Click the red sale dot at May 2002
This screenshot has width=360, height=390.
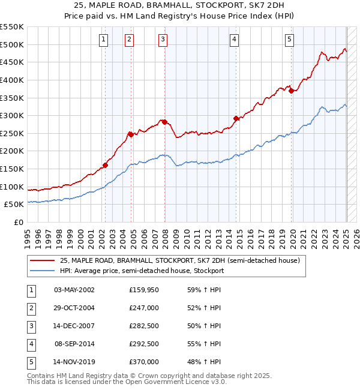(105, 165)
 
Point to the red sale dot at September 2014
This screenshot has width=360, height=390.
(236, 118)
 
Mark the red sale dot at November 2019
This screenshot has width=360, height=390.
(292, 91)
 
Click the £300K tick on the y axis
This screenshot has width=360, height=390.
(12, 115)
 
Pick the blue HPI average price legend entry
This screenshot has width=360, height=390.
(141, 271)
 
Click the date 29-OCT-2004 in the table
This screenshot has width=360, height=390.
(74, 308)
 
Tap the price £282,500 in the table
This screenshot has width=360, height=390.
(144, 326)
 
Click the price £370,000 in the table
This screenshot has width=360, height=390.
(144, 362)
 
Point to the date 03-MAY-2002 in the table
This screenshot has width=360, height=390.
(74, 290)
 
